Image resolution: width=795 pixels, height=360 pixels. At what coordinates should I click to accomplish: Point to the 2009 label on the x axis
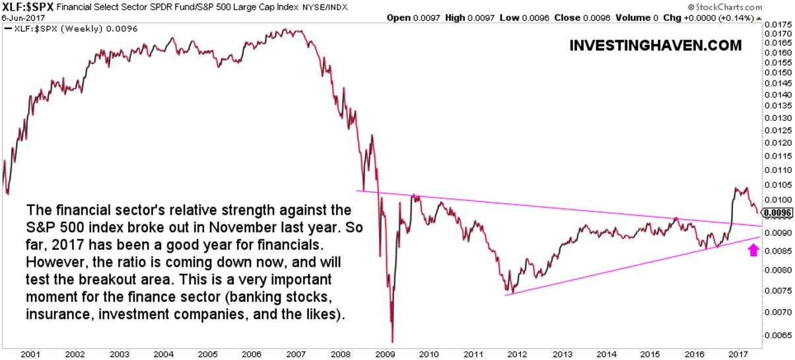pos(384,353)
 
